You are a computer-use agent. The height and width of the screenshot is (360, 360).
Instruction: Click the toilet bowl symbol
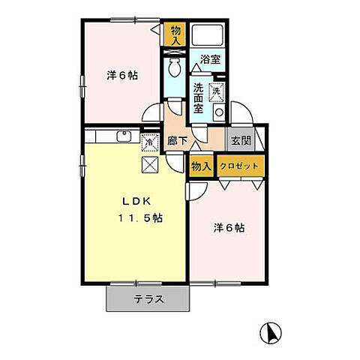[174, 67]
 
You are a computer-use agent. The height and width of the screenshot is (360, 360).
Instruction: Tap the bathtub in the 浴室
[207, 34]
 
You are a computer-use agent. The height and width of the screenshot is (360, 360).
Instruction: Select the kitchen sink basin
[124, 136]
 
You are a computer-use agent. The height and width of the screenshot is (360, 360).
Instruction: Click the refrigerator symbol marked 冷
[150, 142]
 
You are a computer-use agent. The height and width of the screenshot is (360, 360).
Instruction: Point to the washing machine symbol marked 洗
[217, 91]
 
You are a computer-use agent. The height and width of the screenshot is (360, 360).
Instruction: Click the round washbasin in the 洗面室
[219, 112]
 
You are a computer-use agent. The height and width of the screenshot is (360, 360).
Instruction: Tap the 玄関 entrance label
[241, 141]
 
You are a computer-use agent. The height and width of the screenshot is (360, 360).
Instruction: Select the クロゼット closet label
[239, 166]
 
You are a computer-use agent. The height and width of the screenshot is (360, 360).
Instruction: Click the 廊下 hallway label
[177, 141]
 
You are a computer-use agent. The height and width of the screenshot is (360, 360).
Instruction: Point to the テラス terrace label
[149, 299]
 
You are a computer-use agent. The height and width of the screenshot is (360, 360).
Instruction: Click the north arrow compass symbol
[271, 333]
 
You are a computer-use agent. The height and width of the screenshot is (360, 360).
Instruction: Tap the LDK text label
[136, 202]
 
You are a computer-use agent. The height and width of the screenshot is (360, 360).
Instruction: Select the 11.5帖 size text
[140, 218]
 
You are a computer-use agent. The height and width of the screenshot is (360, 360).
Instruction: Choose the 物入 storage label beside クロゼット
[202, 166]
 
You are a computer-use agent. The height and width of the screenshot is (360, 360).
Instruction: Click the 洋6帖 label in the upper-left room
[122, 75]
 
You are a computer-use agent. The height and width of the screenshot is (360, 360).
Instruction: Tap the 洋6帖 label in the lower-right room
[229, 228]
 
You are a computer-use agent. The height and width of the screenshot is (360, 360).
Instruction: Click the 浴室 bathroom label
[210, 59]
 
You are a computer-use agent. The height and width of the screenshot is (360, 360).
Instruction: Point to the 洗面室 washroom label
[199, 98]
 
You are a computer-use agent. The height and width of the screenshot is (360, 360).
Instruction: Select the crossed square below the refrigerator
[150, 165]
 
